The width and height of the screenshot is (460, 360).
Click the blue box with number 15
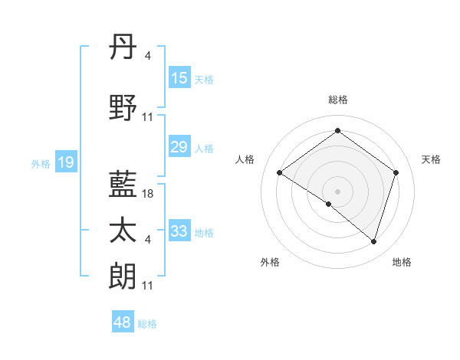(x=179, y=78)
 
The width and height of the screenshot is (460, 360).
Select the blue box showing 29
(x=179, y=147)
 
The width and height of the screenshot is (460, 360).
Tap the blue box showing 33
(x=179, y=231)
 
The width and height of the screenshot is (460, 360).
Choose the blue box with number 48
(x=123, y=322)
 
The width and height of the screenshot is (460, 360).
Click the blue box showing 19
(x=65, y=162)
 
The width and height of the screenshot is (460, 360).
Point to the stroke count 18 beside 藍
(x=149, y=194)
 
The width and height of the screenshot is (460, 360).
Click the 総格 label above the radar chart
(x=337, y=100)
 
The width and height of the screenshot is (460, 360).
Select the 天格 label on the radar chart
(x=431, y=159)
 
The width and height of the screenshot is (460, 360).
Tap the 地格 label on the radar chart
(x=402, y=262)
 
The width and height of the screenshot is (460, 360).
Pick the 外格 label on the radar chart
(x=270, y=262)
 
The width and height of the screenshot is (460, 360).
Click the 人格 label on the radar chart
(x=245, y=159)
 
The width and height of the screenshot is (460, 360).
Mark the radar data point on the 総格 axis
(x=337, y=130)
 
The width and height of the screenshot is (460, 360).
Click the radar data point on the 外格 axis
(x=329, y=204)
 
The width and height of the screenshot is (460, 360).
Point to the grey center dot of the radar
(x=337, y=190)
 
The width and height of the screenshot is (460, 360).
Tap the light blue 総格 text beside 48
(x=147, y=324)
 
